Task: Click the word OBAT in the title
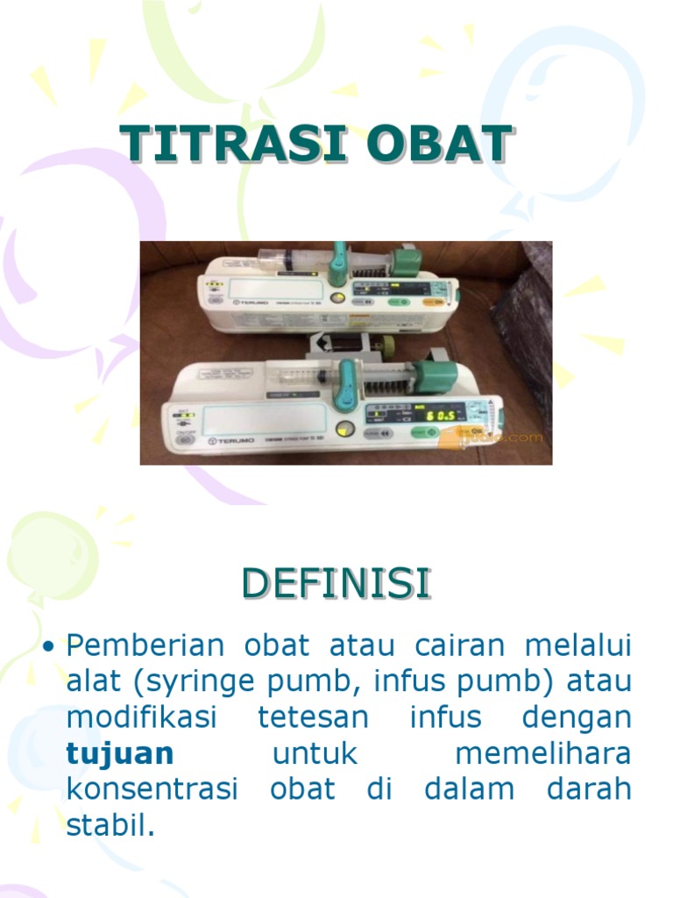429,144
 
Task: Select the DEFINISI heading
336,584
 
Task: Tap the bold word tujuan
120,753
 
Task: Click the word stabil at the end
110,824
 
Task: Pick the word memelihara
543,753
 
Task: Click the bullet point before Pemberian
49,647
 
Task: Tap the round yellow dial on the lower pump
344,430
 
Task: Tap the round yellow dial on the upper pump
336,298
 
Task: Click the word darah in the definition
589,788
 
